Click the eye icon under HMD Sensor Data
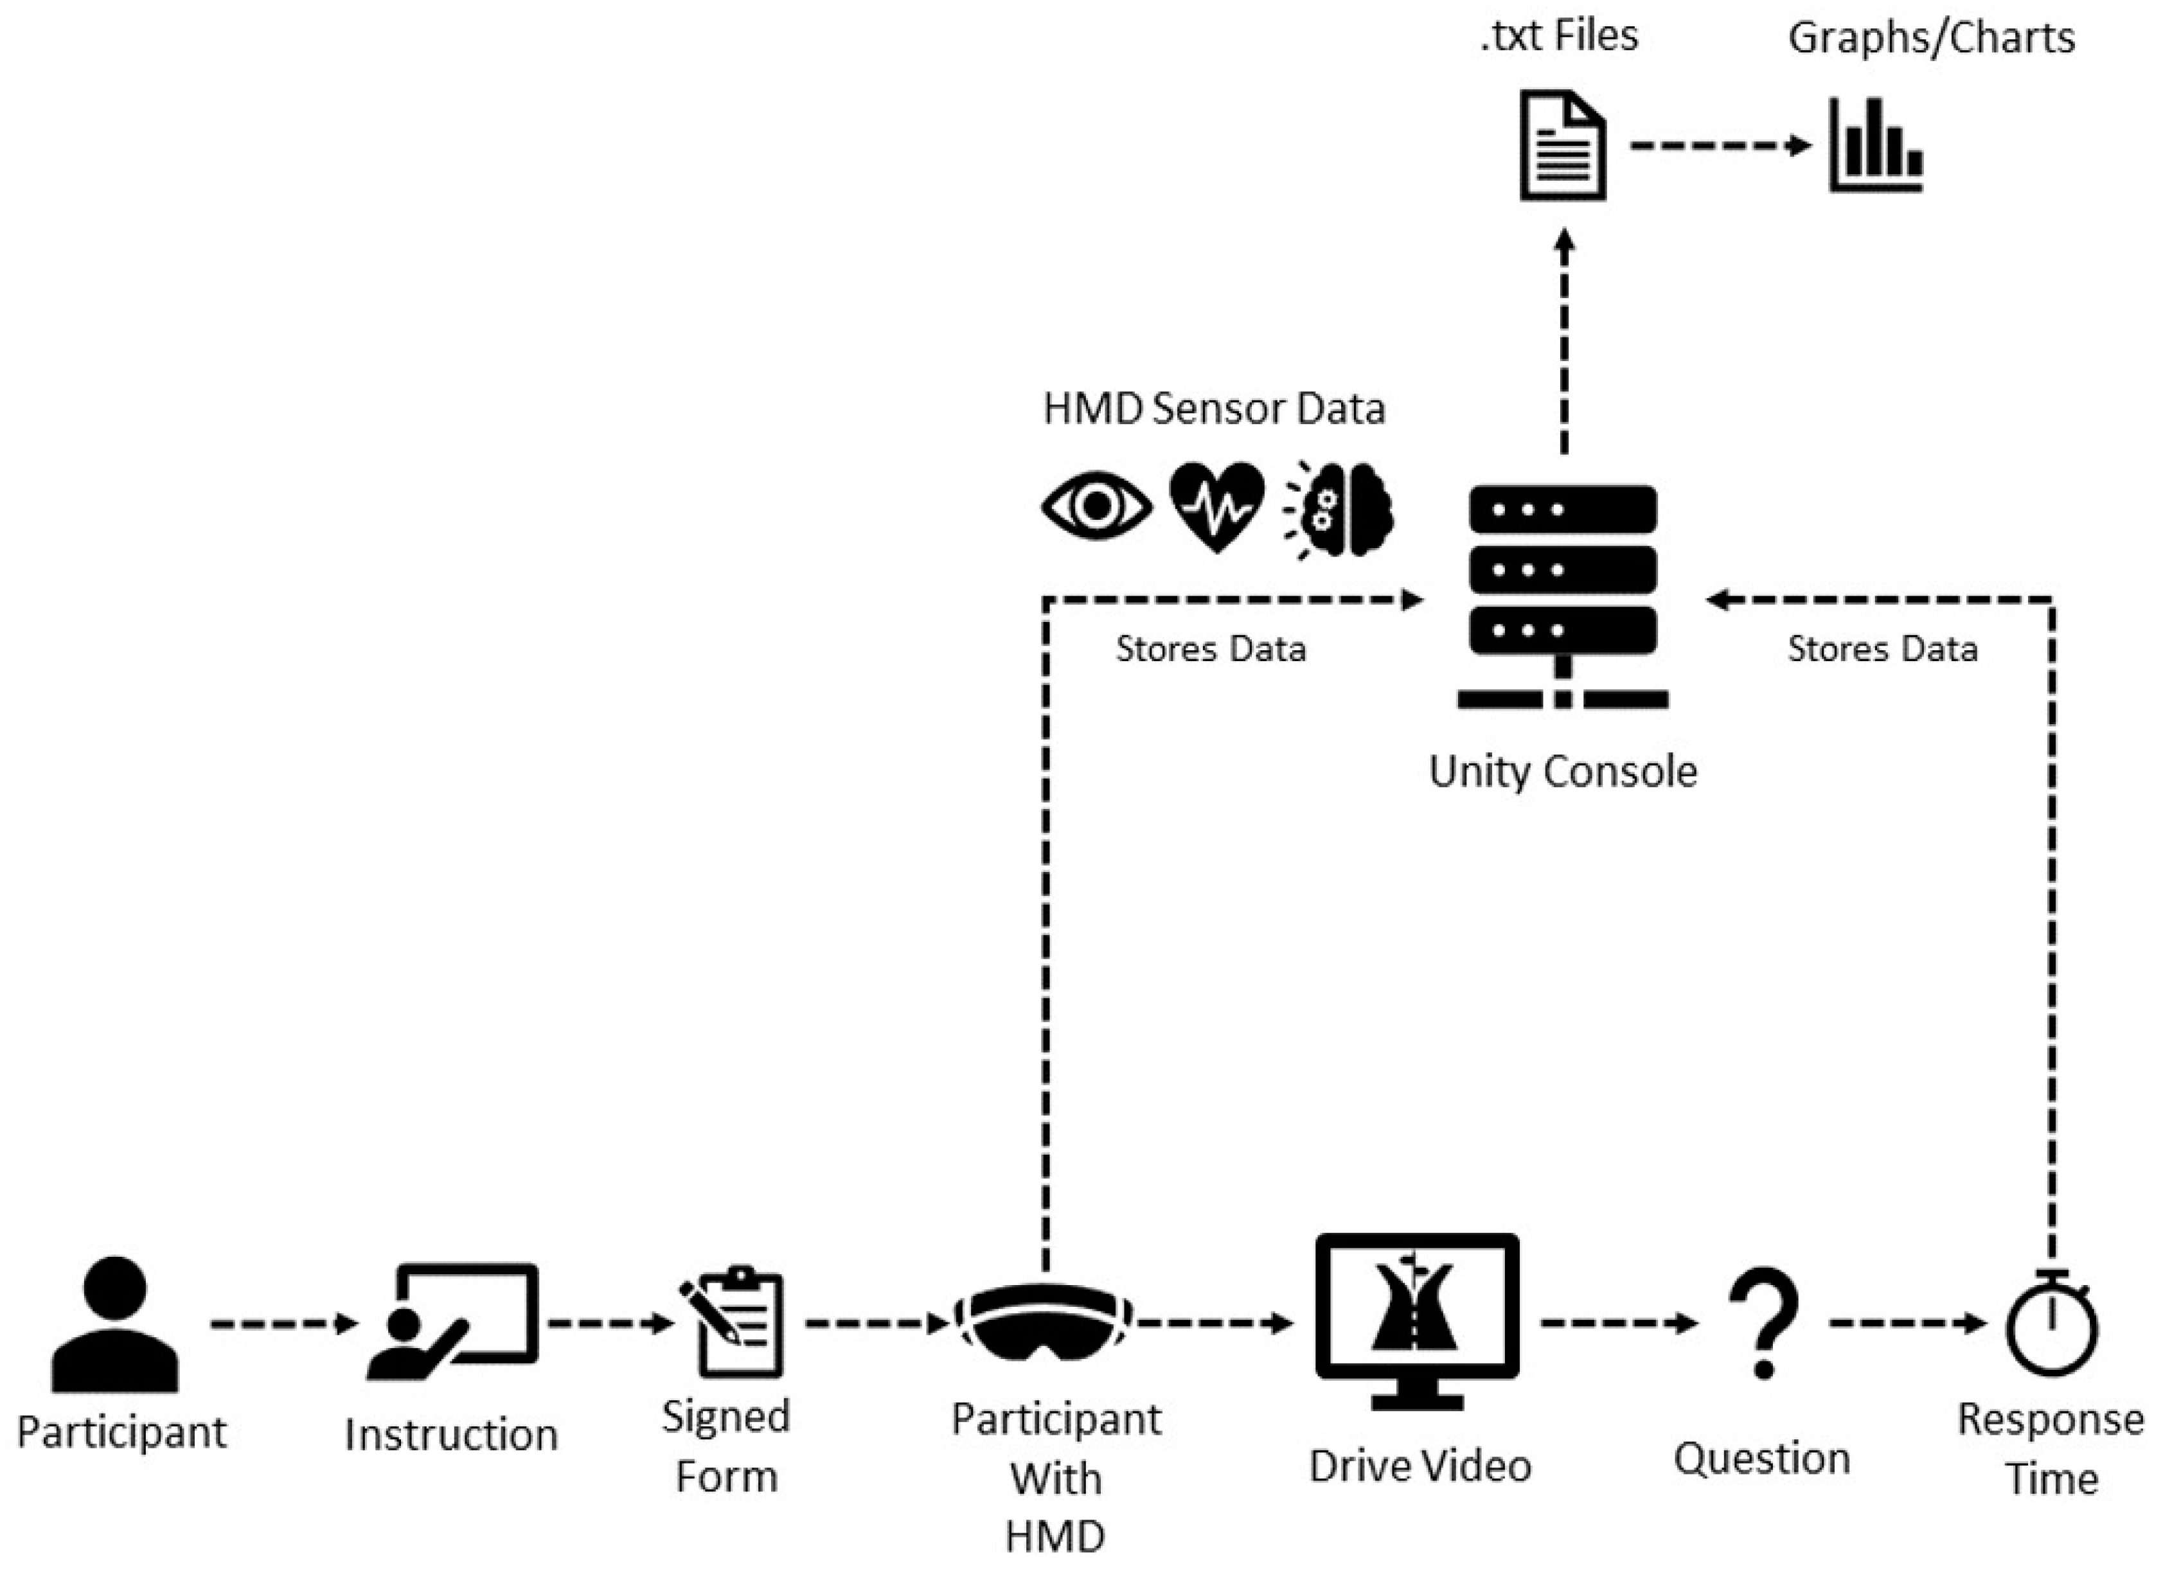pos(1097,506)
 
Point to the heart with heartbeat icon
pos(1217,506)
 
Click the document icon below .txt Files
pos(1562,145)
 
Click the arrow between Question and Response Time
pos(1907,1323)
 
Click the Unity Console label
pos(1562,770)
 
